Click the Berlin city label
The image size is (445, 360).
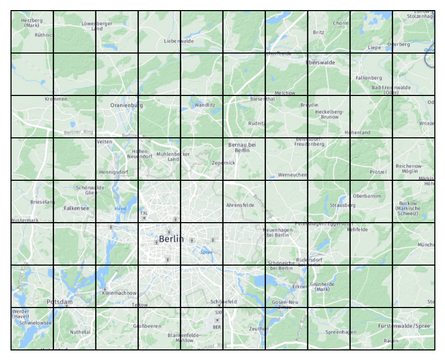[171, 239]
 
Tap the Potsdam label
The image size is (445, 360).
[59, 302]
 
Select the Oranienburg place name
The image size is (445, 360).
[127, 106]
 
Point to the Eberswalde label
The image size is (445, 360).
[321, 63]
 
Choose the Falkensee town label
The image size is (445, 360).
[76, 208]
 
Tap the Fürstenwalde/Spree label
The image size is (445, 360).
[404, 326]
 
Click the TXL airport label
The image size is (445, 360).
[144, 213]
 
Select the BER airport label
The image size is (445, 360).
[217, 327]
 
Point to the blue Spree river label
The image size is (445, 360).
[206, 252]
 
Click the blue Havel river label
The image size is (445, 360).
[121, 209]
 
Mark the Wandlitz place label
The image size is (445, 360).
[205, 105]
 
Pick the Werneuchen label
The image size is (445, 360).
[292, 174]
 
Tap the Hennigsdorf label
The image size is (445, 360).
[113, 172]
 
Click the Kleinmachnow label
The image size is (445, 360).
[119, 293]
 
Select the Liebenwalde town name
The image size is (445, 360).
[179, 41]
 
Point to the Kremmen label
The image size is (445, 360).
[56, 99]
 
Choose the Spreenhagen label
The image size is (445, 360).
[341, 332]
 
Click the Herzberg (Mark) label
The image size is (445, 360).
[32, 23]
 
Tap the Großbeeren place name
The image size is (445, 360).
[147, 326]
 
